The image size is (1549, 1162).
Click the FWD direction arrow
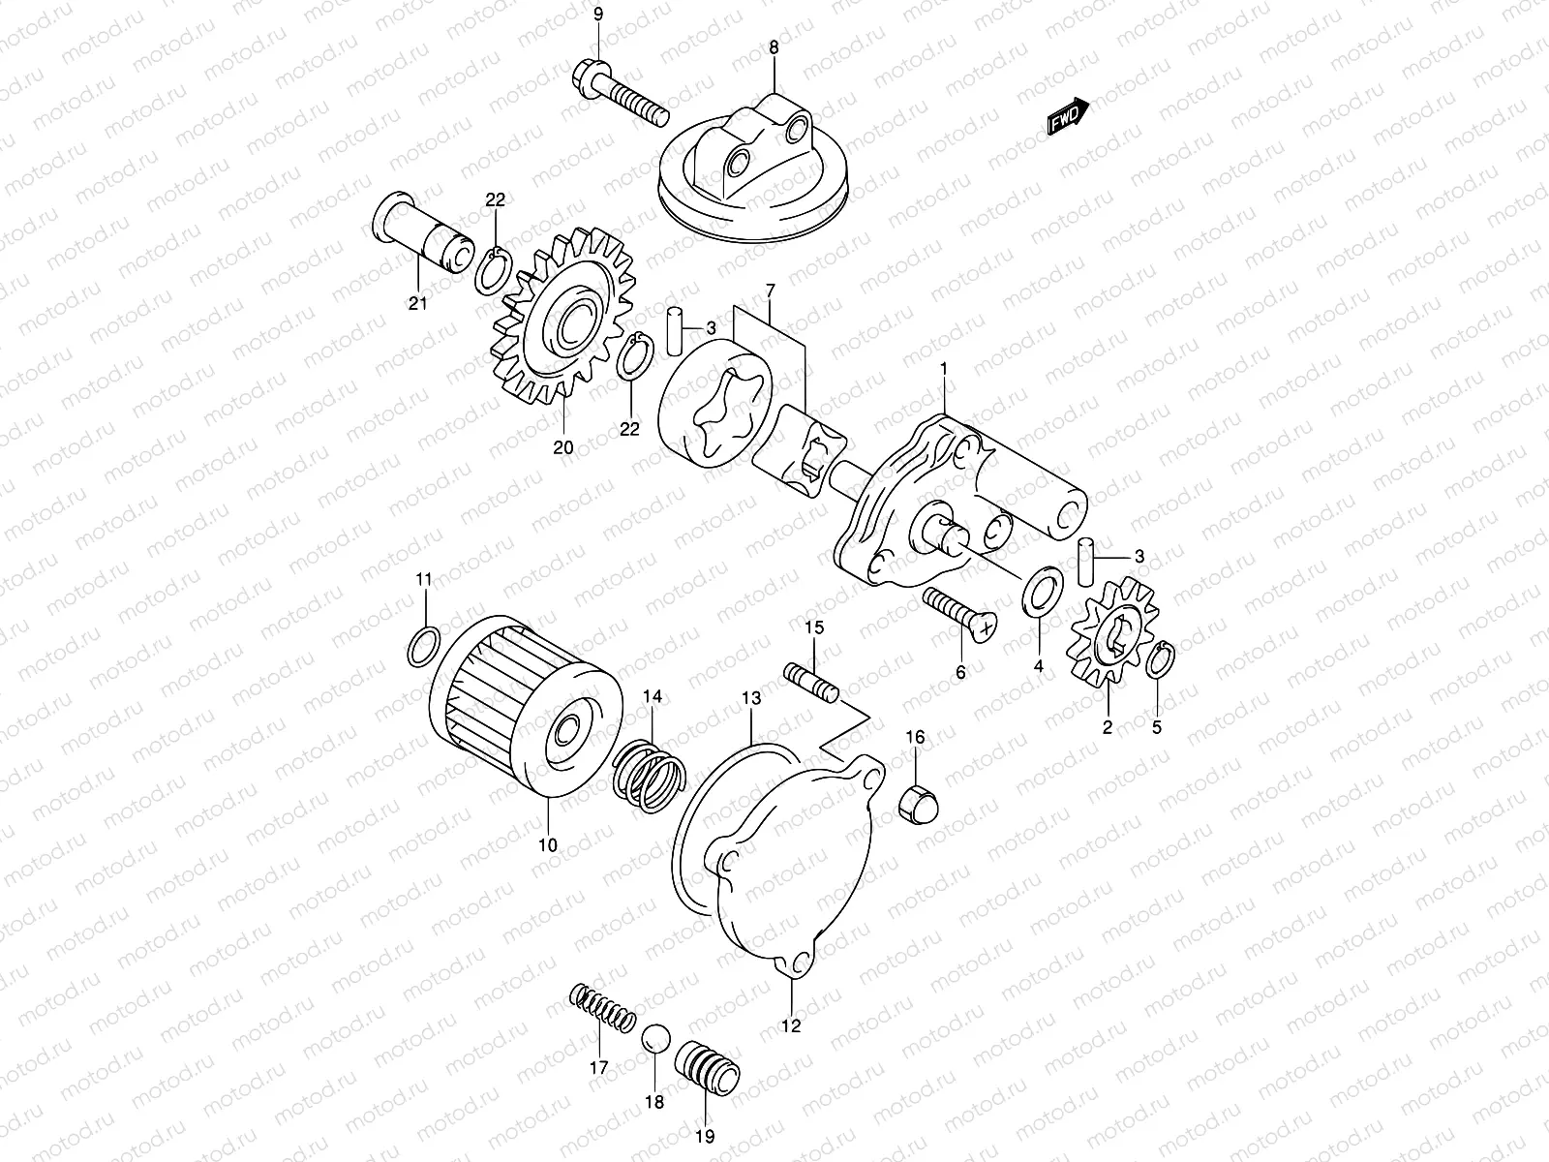(1068, 116)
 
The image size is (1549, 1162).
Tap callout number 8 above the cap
(773, 46)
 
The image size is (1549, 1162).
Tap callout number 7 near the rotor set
(770, 290)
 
